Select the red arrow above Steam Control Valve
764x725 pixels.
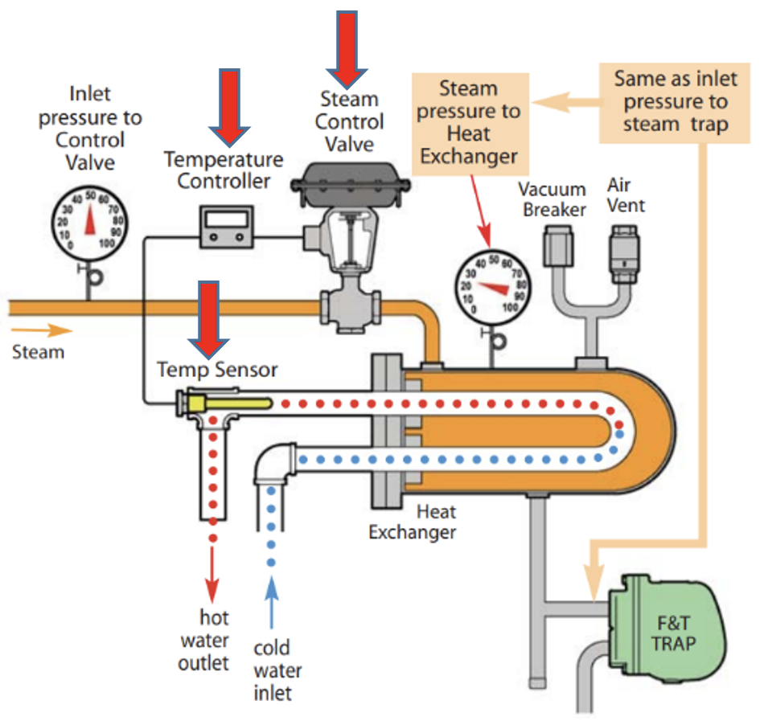click(347, 48)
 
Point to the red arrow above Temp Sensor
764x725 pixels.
click(209, 318)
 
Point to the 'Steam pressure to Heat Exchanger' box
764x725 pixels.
click(470, 122)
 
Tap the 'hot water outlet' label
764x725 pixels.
click(213, 641)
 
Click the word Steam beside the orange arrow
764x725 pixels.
click(38, 351)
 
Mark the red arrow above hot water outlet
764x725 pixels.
click(212, 571)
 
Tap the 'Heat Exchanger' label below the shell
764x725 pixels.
click(413, 522)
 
